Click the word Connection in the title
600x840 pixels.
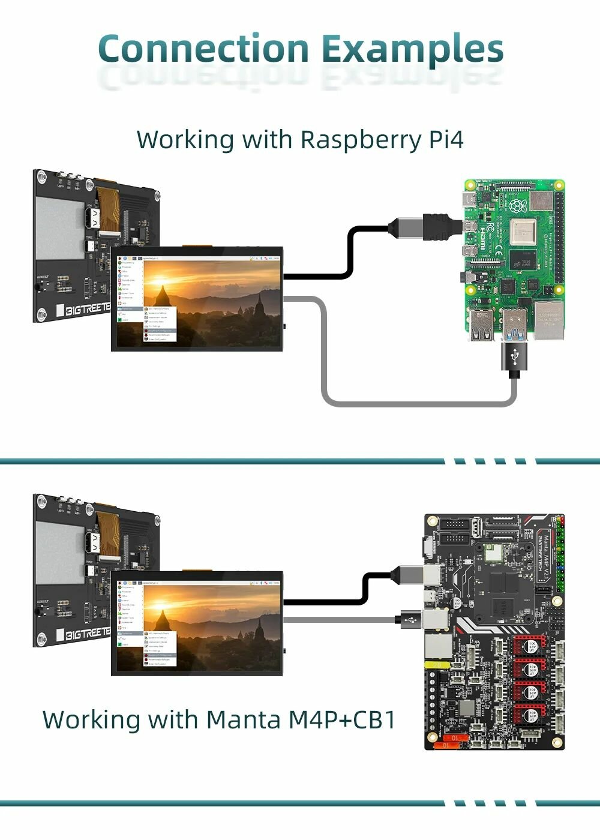[x=202, y=49]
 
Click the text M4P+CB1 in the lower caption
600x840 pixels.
[x=342, y=719]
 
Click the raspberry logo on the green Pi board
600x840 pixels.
[x=517, y=206]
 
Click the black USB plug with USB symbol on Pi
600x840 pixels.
[x=514, y=359]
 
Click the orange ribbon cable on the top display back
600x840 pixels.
[x=110, y=208]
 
